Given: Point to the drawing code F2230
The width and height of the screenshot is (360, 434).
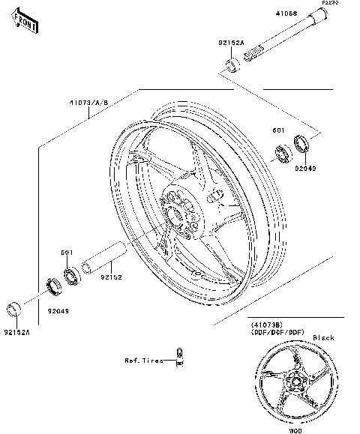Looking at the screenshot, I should click(x=330, y=4).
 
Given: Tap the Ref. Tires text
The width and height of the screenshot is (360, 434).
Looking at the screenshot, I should click(x=143, y=361).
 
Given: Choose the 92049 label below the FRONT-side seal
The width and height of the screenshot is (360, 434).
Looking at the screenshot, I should click(x=58, y=309).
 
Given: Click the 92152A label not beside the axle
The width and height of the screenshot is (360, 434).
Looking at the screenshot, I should click(x=16, y=331).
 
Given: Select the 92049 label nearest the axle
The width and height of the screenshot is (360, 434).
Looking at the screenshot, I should click(x=305, y=169).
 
